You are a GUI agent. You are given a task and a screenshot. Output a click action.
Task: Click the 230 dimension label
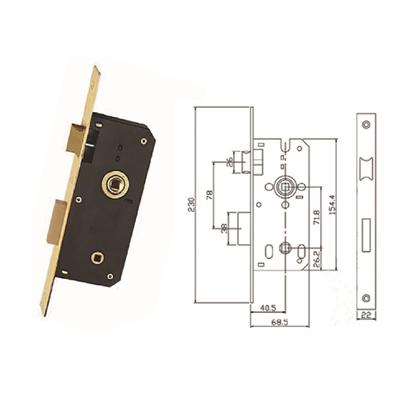191,204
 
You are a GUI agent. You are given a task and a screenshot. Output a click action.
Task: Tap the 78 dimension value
210,195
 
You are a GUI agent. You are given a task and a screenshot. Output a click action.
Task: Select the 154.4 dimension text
332,205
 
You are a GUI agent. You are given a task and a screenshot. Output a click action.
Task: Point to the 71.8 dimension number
317,217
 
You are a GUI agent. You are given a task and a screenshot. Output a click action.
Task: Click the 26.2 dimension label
317,259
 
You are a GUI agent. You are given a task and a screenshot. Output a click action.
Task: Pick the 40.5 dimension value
267,308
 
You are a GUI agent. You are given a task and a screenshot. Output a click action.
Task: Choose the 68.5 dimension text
280,322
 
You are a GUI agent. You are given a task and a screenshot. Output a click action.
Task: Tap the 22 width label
366,315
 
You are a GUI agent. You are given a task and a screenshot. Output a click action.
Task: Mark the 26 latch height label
229,163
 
